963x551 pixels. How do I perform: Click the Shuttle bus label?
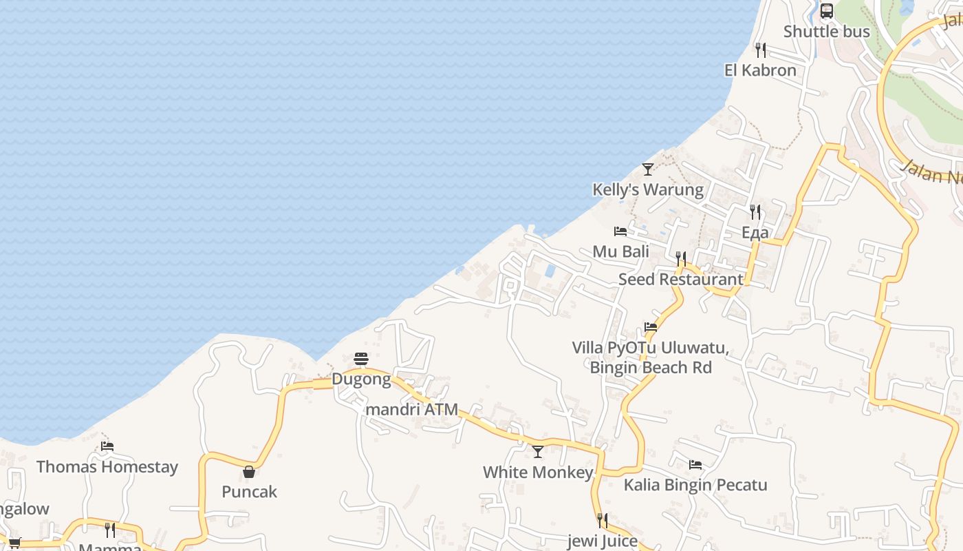point(826,32)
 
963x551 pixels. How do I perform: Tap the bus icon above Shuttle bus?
point(826,11)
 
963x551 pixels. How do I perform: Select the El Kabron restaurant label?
point(760,70)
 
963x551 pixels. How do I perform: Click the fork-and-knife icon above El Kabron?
point(760,50)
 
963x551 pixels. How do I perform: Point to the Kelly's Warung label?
point(648,189)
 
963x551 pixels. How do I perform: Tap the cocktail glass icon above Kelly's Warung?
point(648,169)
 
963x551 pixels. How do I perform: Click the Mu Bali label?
point(620,251)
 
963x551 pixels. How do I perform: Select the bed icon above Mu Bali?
point(620,231)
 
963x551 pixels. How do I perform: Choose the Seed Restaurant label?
point(680,279)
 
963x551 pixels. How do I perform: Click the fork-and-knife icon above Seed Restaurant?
point(680,259)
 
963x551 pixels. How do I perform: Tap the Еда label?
point(755,233)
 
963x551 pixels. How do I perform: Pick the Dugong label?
point(361,379)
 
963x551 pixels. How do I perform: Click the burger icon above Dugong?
point(361,359)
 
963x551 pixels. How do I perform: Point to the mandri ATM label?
point(412,409)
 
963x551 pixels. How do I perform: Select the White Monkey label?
point(538,472)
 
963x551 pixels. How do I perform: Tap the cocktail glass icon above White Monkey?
point(538,452)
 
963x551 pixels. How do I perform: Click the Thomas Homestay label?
point(107,467)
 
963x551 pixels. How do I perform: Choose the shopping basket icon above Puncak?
point(249,472)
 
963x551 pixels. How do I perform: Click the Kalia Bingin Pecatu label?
point(695,485)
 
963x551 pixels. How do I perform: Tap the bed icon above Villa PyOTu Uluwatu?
point(651,327)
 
